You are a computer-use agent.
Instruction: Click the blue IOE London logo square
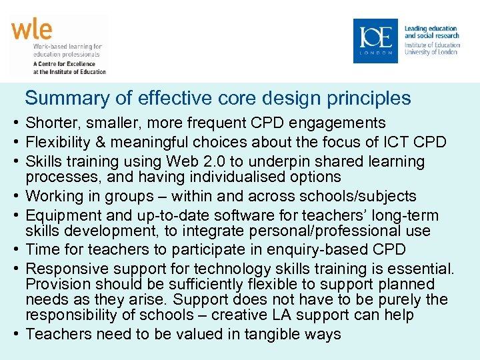coord(375,41)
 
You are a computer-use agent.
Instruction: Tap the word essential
coord(421,269)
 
